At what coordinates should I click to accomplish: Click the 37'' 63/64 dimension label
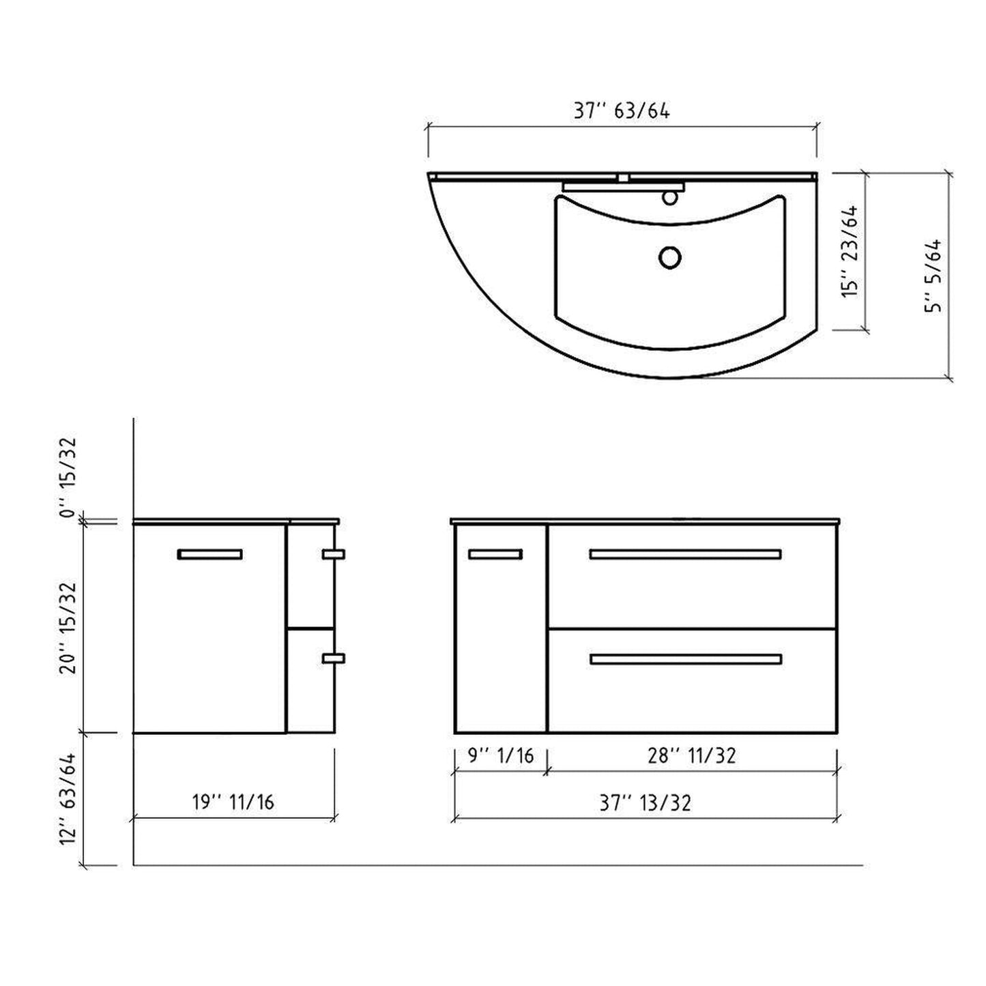pyautogui.click(x=621, y=111)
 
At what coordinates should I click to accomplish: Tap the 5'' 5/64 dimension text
pyautogui.click(x=933, y=276)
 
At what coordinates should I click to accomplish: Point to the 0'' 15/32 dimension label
pyautogui.click(x=69, y=478)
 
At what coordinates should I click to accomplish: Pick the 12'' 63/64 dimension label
pyautogui.click(x=69, y=798)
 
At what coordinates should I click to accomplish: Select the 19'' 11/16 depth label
pyautogui.click(x=233, y=801)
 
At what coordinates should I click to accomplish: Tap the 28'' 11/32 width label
pyautogui.click(x=692, y=756)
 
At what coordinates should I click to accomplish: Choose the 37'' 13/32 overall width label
pyautogui.click(x=645, y=803)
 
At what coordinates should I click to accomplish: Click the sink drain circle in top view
pyautogui.click(x=670, y=257)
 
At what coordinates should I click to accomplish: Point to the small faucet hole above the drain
pyautogui.click(x=670, y=198)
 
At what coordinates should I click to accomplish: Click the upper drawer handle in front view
pyautogui.click(x=685, y=554)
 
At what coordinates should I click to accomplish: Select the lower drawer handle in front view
pyautogui.click(x=685, y=659)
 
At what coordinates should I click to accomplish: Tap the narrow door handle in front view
pyautogui.click(x=495, y=554)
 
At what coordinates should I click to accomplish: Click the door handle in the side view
pyautogui.click(x=209, y=554)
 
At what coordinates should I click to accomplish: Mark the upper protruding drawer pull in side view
pyautogui.click(x=334, y=555)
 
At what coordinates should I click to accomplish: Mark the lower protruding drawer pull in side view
pyautogui.click(x=334, y=658)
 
